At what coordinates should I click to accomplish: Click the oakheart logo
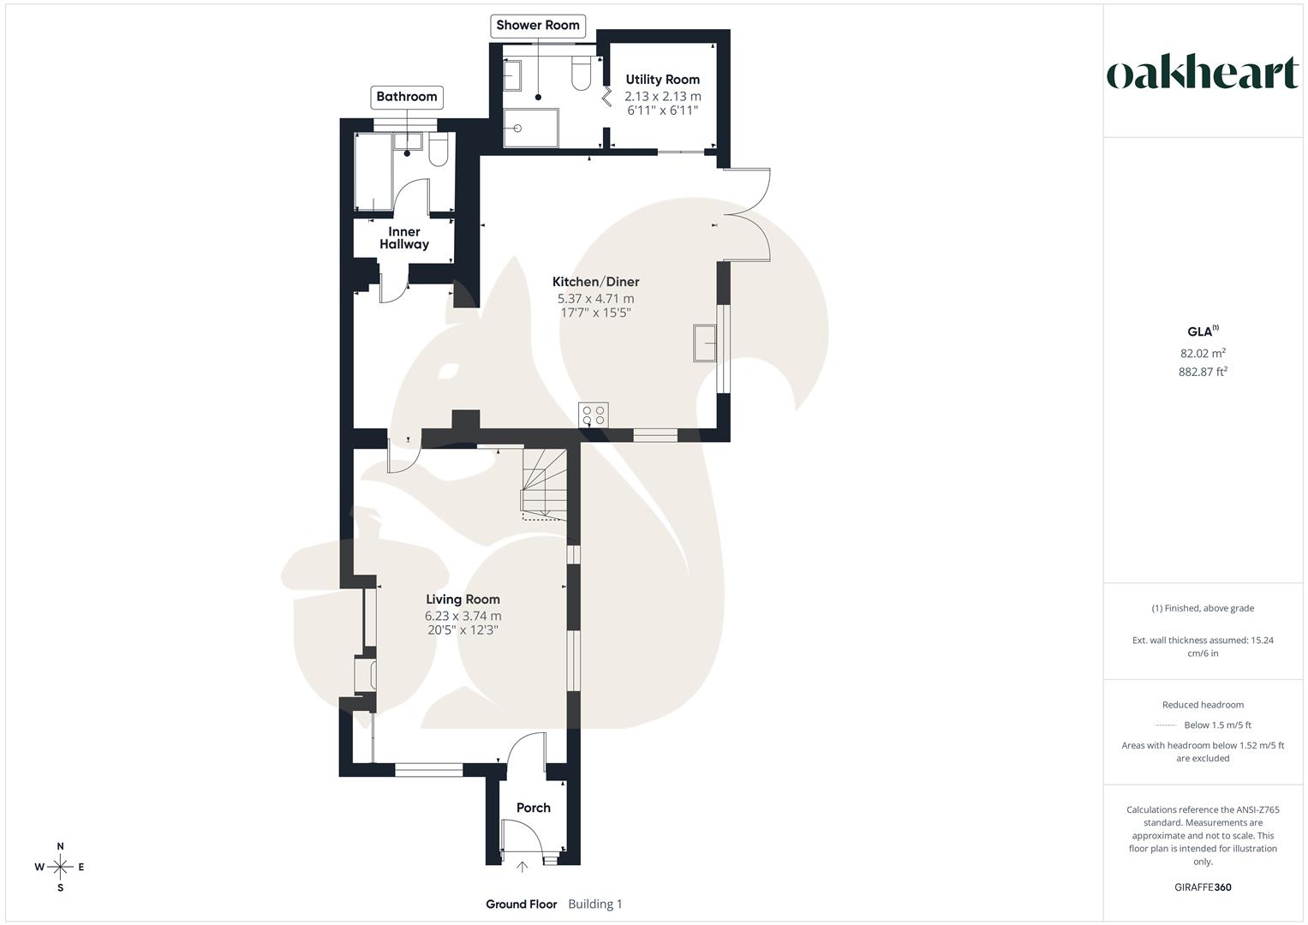click(x=1202, y=74)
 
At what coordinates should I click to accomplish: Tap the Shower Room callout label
click(x=538, y=25)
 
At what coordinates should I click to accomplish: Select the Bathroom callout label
click(x=407, y=96)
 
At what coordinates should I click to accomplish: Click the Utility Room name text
click(x=662, y=80)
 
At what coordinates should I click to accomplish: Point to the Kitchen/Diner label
click(x=595, y=282)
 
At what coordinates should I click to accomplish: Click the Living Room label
click(x=463, y=600)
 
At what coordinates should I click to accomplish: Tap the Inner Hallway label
click(x=404, y=238)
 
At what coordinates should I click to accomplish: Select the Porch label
click(x=533, y=808)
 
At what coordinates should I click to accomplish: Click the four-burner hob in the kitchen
click(x=594, y=415)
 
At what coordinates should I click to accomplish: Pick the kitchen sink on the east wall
click(x=706, y=343)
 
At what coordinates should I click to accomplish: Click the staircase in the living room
click(x=543, y=484)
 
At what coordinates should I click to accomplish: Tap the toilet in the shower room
click(x=581, y=73)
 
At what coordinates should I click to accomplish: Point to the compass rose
click(x=60, y=867)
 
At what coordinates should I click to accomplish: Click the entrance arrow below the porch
click(x=523, y=867)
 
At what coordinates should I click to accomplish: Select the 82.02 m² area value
click(x=1203, y=353)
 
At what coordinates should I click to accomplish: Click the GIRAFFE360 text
click(x=1203, y=887)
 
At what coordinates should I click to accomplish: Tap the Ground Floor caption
click(x=521, y=904)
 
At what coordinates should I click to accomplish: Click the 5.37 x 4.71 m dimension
click(x=595, y=299)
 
